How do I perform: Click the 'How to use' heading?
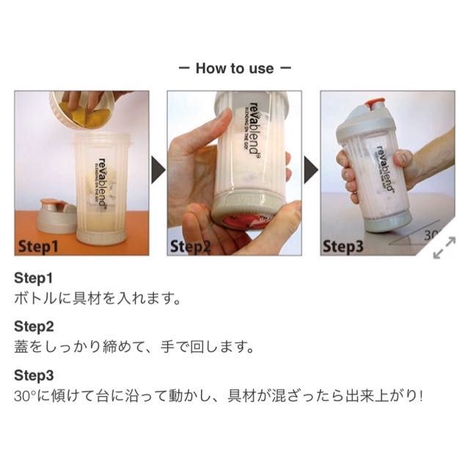point(235,68)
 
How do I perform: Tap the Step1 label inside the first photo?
point(38,246)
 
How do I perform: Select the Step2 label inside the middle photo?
point(191,246)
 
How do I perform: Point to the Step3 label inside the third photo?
point(343,246)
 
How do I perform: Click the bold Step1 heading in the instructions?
point(33,278)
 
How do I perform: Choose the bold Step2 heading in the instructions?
point(34,326)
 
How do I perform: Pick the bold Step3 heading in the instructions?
point(34,375)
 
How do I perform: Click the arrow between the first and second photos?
point(158,170)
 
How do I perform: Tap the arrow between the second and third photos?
point(311,170)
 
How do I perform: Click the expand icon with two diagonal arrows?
point(444,248)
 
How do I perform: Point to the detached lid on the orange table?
point(56,216)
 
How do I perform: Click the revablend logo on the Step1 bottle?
point(102,183)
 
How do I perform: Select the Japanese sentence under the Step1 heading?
point(97,298)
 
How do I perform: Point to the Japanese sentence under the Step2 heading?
point(134,347)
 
